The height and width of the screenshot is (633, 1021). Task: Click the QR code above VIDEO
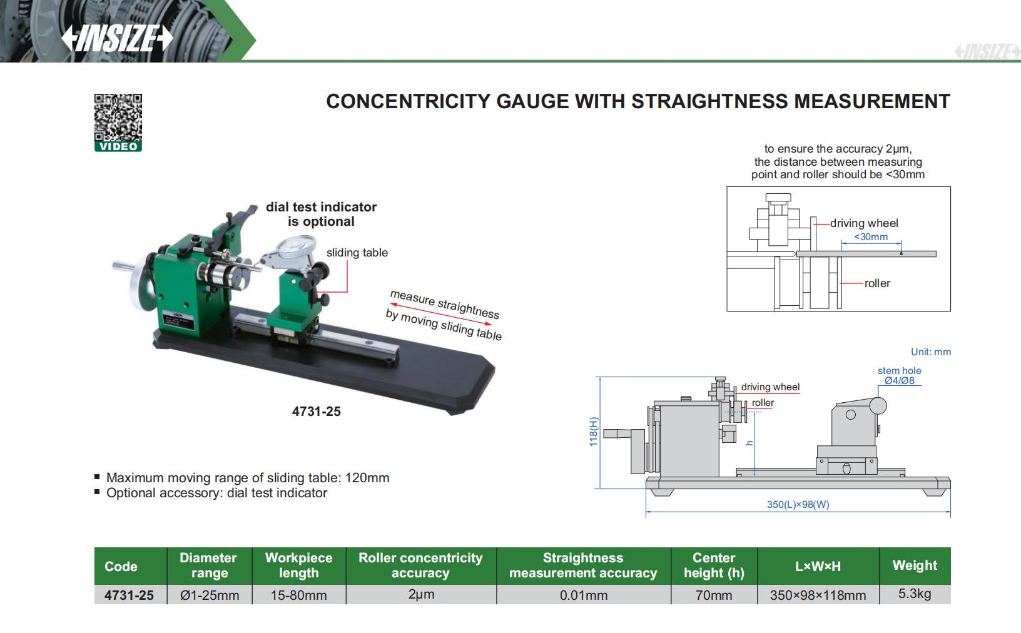click(x=118, y=118)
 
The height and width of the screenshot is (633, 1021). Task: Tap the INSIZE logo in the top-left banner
click(x=117, y=39)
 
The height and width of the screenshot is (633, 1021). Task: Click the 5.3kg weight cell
click(x=915, y=594)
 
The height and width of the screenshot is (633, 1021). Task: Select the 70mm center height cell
click(x=714, y=595)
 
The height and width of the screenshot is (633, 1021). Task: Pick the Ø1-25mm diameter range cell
click(x=210, y=595)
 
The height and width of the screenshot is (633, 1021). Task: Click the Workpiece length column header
click(x=298, y=565)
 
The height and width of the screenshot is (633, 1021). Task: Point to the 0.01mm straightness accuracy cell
click(x=584, y=595)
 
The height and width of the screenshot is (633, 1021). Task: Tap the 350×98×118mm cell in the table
click(x=818, y=595)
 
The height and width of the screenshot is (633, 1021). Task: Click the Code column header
click(x=121, y=567)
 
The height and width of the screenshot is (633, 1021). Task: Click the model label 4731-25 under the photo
click(x=317, y=412)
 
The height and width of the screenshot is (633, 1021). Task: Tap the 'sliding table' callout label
click(x=357, y=253)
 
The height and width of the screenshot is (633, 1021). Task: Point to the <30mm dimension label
click(x=871, y=237)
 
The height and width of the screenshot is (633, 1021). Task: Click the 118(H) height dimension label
click(x=594, y=432)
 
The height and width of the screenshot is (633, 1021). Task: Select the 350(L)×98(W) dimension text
click(x=798, y=504)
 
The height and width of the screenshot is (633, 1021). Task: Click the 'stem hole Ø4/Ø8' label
click(x=899, y=375)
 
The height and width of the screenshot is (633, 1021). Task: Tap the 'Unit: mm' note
click(x=930, y=352)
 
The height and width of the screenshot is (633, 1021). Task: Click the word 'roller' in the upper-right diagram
click(x=877, y=283)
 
